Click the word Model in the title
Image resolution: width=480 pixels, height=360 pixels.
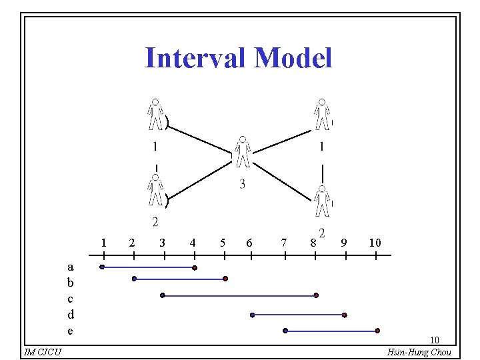pos(293,58)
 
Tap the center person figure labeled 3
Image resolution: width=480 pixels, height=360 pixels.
pos(243,152)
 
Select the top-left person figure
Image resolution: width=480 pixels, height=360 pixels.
pos(155,115)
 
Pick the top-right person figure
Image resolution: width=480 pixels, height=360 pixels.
pos(323,115)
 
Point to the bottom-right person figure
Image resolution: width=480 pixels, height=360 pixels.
pos(323,201)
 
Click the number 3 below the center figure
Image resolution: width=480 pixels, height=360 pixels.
pos(242,185)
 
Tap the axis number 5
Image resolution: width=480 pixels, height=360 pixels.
pos(223,243)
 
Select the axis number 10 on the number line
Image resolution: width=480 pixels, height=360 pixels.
pos(375,243)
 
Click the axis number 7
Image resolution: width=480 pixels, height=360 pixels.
pos(285,243)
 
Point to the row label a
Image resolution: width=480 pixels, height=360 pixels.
pos(71,266)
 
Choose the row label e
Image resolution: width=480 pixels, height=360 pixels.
pos(71,330)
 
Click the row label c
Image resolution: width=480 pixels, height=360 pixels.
pos(71,298)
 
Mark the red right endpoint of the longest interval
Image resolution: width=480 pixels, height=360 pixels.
pos(316,295)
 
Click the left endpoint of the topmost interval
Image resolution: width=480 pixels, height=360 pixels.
pos(102,267)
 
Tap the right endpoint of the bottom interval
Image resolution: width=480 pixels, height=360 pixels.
pos(377,330)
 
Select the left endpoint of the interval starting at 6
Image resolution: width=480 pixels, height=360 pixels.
pos(252,314)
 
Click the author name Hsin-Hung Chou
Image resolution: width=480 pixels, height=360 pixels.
pos(419,352)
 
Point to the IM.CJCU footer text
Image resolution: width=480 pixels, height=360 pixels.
pos(42,352)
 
